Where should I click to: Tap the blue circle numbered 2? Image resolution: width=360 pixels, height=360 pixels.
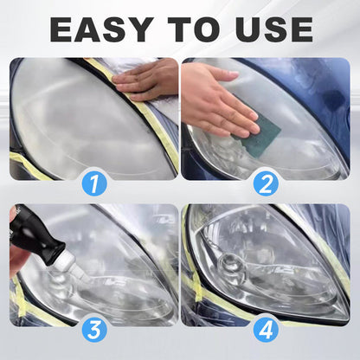[266, 183]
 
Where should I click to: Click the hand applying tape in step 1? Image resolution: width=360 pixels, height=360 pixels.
[147, 80]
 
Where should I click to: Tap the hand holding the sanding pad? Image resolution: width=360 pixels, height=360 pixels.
[212, 100]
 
